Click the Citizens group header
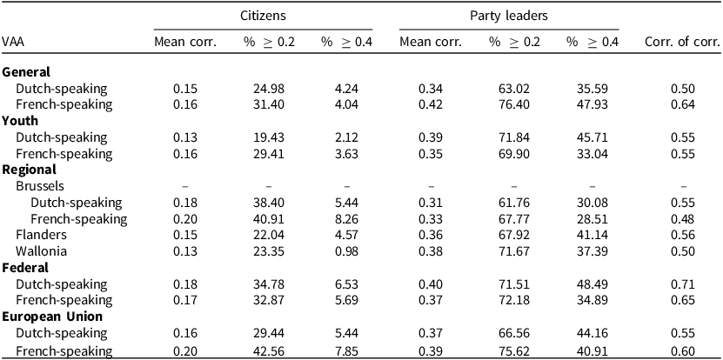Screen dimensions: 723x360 pos(263,16)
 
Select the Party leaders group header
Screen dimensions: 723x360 pos(509,16)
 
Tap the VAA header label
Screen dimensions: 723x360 pos(13,43)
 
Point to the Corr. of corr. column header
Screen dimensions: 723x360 pos(682,43)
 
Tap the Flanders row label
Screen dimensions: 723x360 pos(41,235)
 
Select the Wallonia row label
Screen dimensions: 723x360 pos(41,251)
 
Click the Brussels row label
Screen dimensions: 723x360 pos(40,186)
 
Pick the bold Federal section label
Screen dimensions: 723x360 pos(25,267)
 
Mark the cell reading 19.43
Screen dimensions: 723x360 pos(270,137)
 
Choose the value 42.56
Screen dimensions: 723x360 pos(270,350)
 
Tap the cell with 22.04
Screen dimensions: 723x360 pos(270,235)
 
